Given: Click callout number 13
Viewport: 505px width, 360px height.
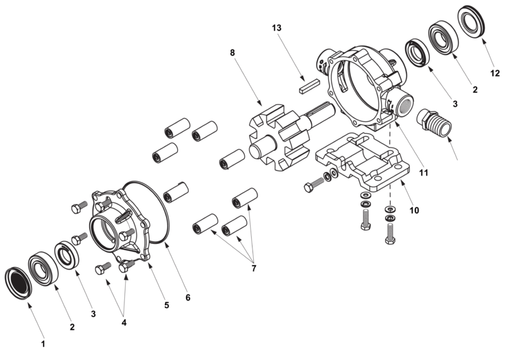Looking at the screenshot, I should pos(276,28).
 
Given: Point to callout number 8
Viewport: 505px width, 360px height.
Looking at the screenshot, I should pos(232,52).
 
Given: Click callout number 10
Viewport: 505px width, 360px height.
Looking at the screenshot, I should pos(413,210).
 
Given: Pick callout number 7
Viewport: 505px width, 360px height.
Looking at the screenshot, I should pos(254,268).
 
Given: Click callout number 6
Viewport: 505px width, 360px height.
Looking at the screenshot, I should pos(187,296).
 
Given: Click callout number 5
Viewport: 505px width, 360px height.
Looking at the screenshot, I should pos(167,304).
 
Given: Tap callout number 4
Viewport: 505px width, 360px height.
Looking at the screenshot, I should pos(124,322).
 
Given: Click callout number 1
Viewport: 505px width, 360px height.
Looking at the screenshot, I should pos(43,344).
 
